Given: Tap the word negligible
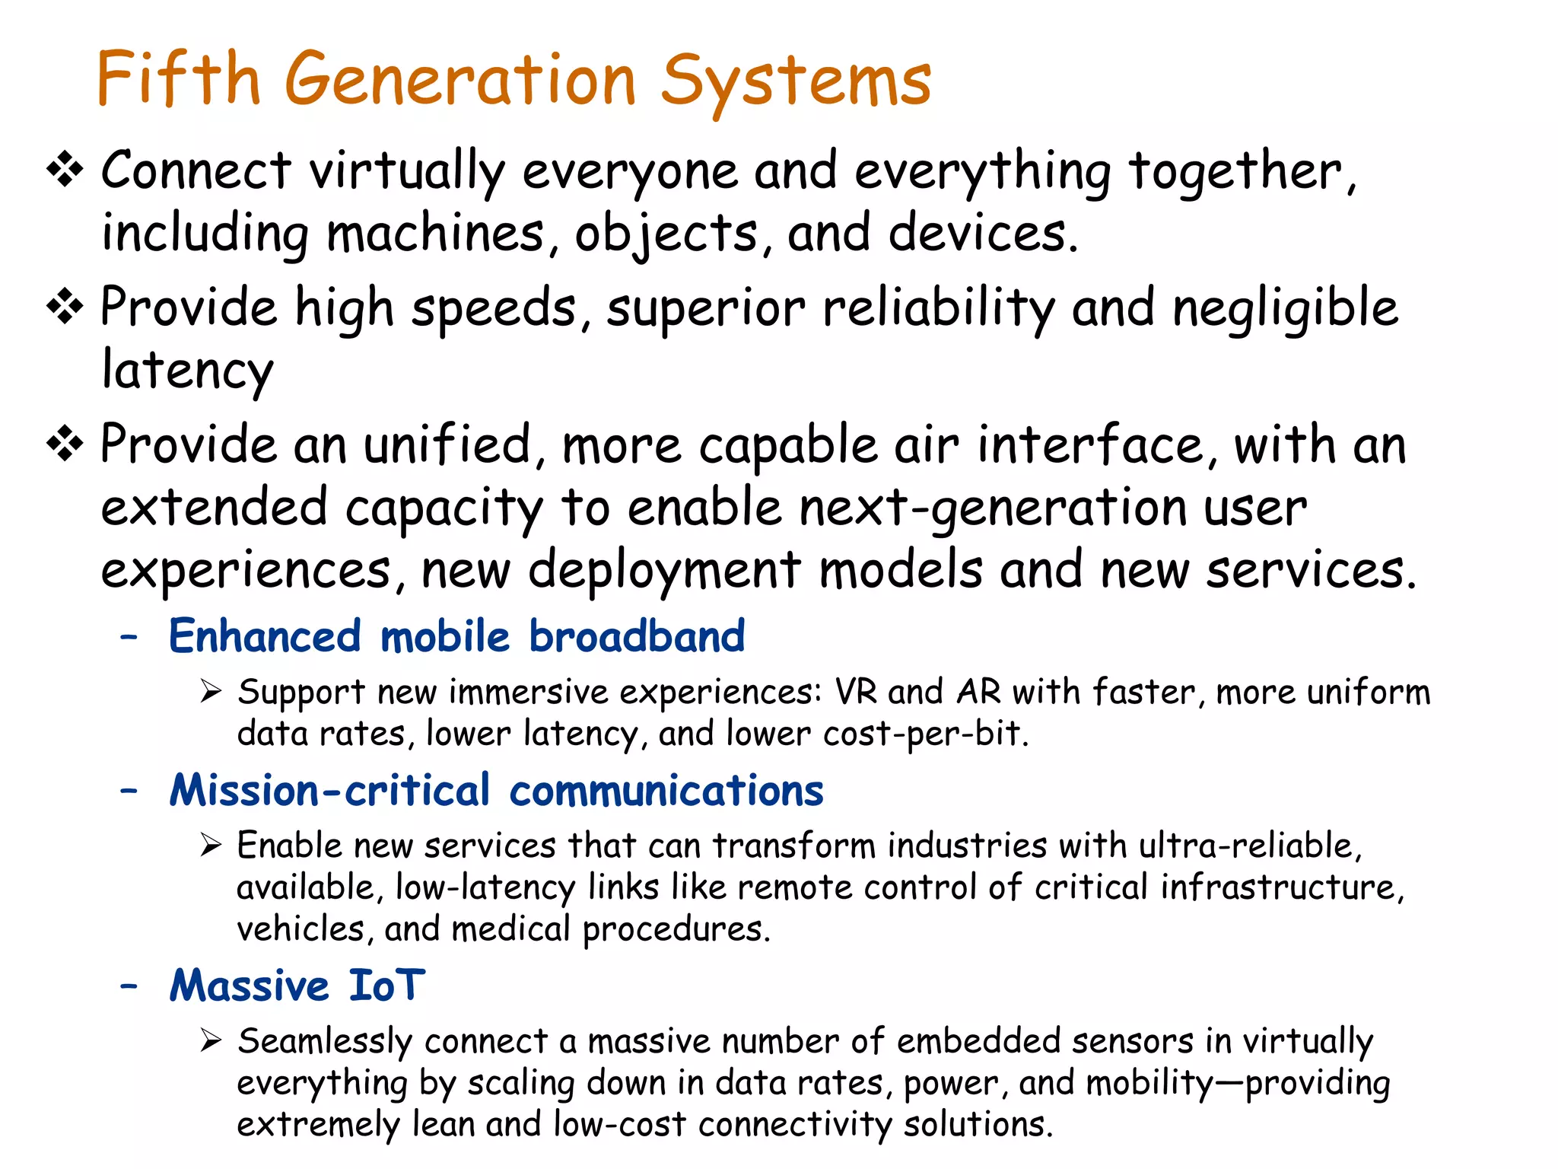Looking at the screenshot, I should point(1285,309).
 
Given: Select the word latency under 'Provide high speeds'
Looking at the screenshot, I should point(187,371).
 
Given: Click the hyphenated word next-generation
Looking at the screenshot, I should point(992,508).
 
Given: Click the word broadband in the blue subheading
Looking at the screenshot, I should point(637,636).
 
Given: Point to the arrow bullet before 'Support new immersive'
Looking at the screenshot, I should point(211,692).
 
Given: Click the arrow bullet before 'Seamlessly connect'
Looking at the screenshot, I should point(211,1040).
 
